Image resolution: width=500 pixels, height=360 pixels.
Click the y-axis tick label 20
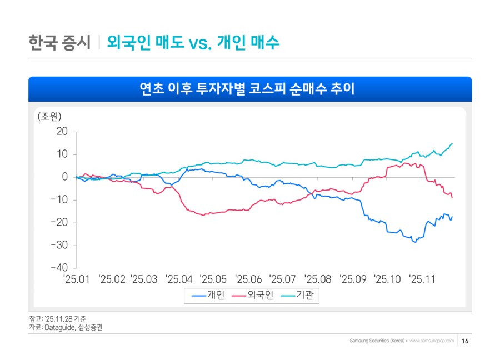[62, 132]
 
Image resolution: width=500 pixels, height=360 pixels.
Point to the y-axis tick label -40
[59, 268]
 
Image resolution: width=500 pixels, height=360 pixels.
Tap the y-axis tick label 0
[65, 177]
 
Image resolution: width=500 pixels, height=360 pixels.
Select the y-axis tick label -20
[59, 222]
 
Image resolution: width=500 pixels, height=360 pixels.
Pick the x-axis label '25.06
[248, 279]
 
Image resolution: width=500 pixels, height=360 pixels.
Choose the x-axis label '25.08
[318, 279]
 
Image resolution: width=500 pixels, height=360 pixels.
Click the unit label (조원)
[49, 117]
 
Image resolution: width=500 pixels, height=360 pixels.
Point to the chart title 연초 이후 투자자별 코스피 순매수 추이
[250, 89]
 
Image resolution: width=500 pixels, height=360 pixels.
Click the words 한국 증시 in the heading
[59, 42]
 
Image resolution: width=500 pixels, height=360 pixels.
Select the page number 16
[466, 341]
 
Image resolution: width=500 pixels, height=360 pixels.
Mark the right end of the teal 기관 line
[452, 143]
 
